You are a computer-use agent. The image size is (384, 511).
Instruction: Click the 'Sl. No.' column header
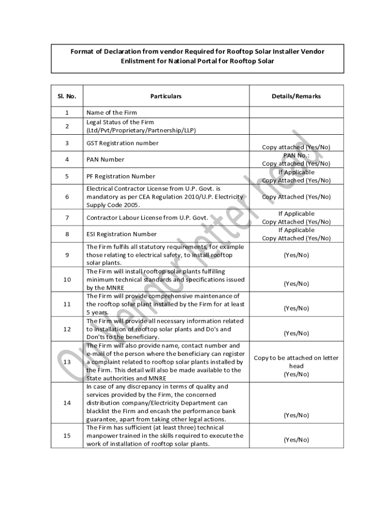[x=67, y=96]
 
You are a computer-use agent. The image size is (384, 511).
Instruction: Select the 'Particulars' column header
[x=166, y=96]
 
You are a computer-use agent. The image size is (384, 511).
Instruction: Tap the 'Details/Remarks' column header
[x=296, y=96]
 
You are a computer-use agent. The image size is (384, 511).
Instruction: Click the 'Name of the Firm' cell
[x=112, y=112]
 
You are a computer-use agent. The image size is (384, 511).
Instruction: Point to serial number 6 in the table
[x=67, y=197]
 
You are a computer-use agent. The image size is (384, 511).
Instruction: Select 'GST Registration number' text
[x=123, y=143]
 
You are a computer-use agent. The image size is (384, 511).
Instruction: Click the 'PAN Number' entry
[x=105, y=160]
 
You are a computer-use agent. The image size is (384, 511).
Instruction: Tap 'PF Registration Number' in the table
[x=121, y=176]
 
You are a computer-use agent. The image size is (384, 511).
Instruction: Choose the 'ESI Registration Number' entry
[x=122, y=234]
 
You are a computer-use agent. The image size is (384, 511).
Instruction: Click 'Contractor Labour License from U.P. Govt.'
[x=147, y=218]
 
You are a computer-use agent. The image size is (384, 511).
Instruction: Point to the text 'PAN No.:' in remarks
[x=296, y=156]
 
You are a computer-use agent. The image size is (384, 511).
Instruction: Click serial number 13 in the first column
[x=67, y=362]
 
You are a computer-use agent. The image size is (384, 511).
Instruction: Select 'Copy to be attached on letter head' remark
[x=296, y=362]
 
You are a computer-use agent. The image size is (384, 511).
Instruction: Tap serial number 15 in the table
[x=67, y=436]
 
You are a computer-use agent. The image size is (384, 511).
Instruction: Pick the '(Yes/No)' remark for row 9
[x=296, y=255]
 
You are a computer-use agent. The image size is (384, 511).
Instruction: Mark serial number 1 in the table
[x=67, y=112]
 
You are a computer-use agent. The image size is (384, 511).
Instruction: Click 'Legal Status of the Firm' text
[x=120, y=122]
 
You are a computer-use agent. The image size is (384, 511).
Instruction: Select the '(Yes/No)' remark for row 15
[x=296, y=440]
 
